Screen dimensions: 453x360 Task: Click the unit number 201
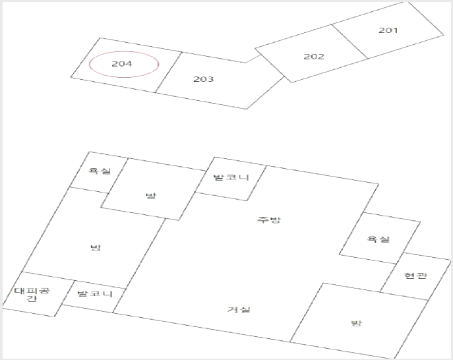pyautogui.click(x=388, y=30)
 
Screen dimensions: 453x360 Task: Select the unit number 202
pyautogui.click(x=314, y=56)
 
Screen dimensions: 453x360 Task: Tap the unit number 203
pyautogui.click(x=203, y=79)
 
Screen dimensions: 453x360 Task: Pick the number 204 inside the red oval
pyautogui.click(x=121, y=63)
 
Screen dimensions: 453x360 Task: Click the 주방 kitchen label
pyautogui.click(x=268, y=220)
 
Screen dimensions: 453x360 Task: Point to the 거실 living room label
pyautogui.click(x=239, y=309)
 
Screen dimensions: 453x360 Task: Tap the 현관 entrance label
pyautogui.click(x=415, y=276)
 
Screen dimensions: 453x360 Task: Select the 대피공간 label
pyautogui.click(x=32, y=295)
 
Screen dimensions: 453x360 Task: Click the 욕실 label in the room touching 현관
pyautogui.click(x=378, y=239)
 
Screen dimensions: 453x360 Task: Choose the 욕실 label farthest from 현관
pyautogui.click(x=100, y=171)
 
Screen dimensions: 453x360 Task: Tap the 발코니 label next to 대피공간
pyautogui.click(x=95, y=293)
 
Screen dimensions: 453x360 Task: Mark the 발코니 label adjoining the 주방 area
pyautogui.click(x=231, y=177)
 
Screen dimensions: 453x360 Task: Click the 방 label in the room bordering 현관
pyautogui.click(x=356, y=322)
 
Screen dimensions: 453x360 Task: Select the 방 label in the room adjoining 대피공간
pyautogui.click(x=96, y=247)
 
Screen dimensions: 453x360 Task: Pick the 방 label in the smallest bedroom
pyautogui.click(x=150, y=196)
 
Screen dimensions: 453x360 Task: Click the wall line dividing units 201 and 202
pyautogui.click(x=349, y=42)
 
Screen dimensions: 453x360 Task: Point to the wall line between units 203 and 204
pyautogui.click(x=169, y=73)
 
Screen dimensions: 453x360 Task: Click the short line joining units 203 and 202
pyautogui.click(x=253, y=59)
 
